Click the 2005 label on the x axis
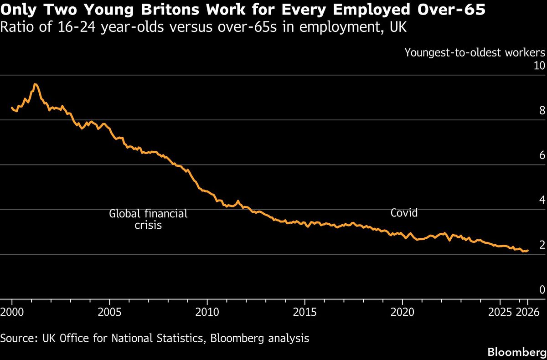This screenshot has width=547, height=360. point(109,313)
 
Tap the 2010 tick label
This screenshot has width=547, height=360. point(207,313)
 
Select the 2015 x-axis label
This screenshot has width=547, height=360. point(305,313)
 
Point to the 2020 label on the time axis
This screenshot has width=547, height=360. point(403,313)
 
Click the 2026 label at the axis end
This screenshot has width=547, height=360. point(527,313)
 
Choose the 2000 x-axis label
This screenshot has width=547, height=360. point(12,313)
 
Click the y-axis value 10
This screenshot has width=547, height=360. point(539,66)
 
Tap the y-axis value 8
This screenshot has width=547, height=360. point(542,110)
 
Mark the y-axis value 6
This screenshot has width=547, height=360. point(542,155)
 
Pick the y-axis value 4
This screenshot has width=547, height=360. point(542,200)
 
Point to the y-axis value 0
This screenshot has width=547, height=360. point(542,290)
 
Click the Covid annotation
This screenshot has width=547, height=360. point(404,213)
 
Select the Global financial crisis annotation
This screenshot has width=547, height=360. point(148,219)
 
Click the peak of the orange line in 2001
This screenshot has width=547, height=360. point(36,84)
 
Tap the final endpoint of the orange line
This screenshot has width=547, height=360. point(528,251)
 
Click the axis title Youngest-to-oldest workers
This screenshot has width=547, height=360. point(475,53)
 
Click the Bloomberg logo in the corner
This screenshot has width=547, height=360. point(517,352)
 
